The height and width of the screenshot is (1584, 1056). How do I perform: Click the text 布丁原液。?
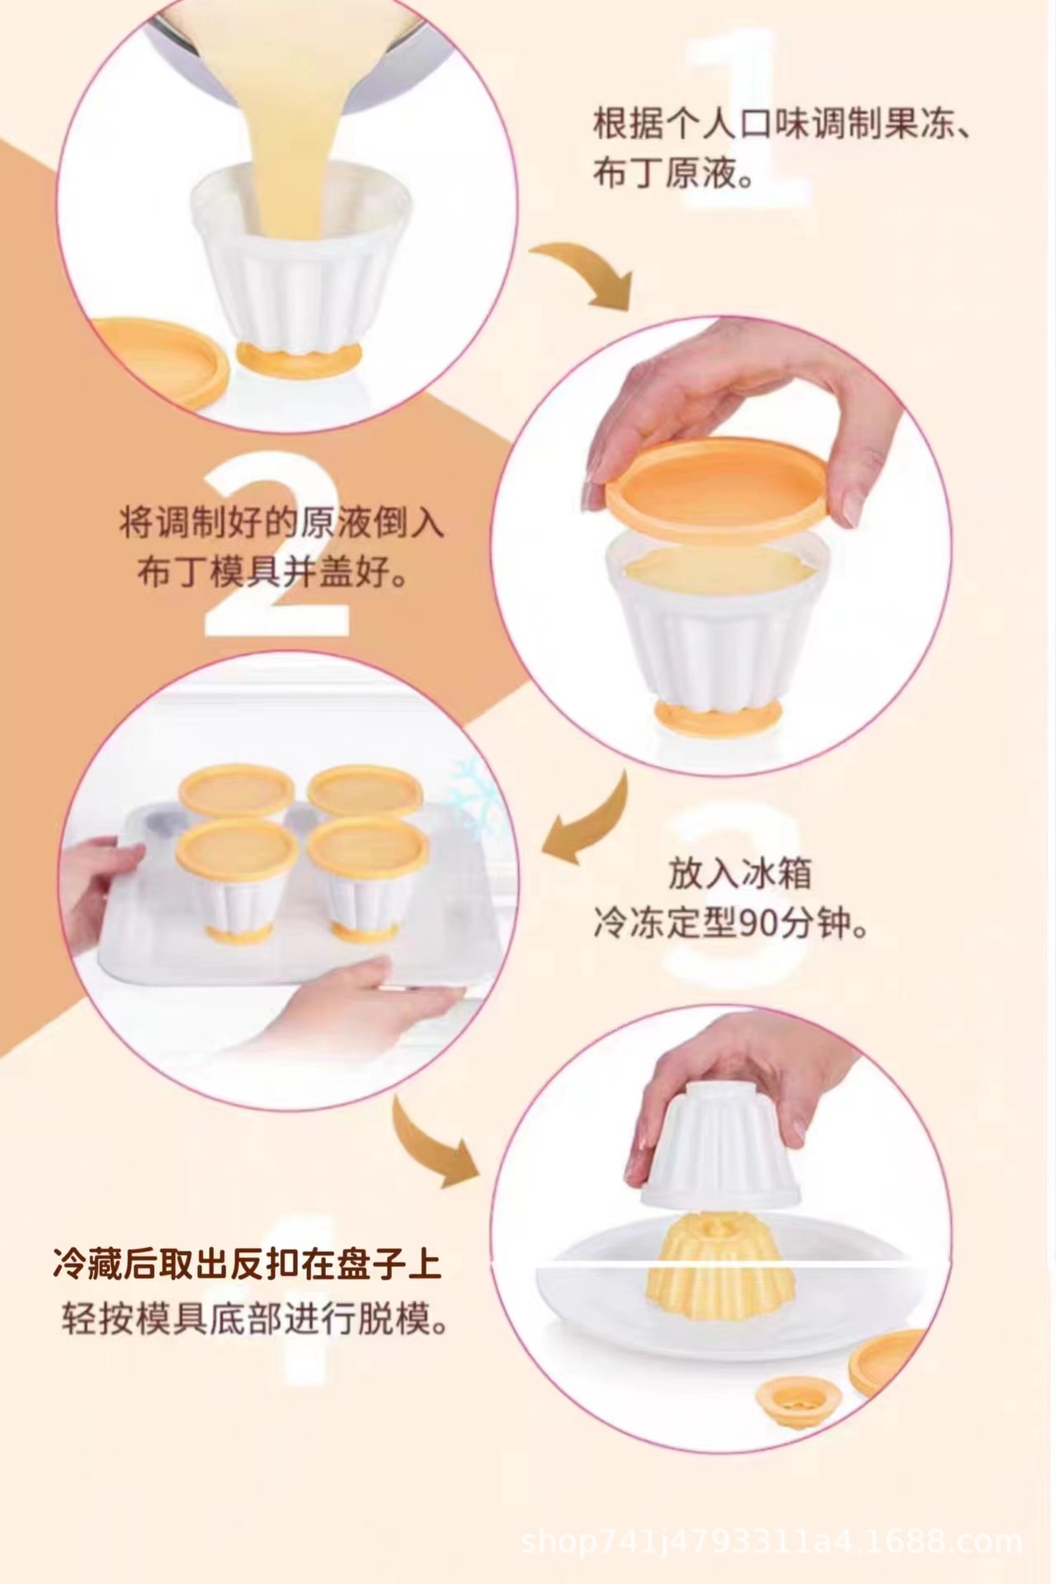[x=675, y=175]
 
